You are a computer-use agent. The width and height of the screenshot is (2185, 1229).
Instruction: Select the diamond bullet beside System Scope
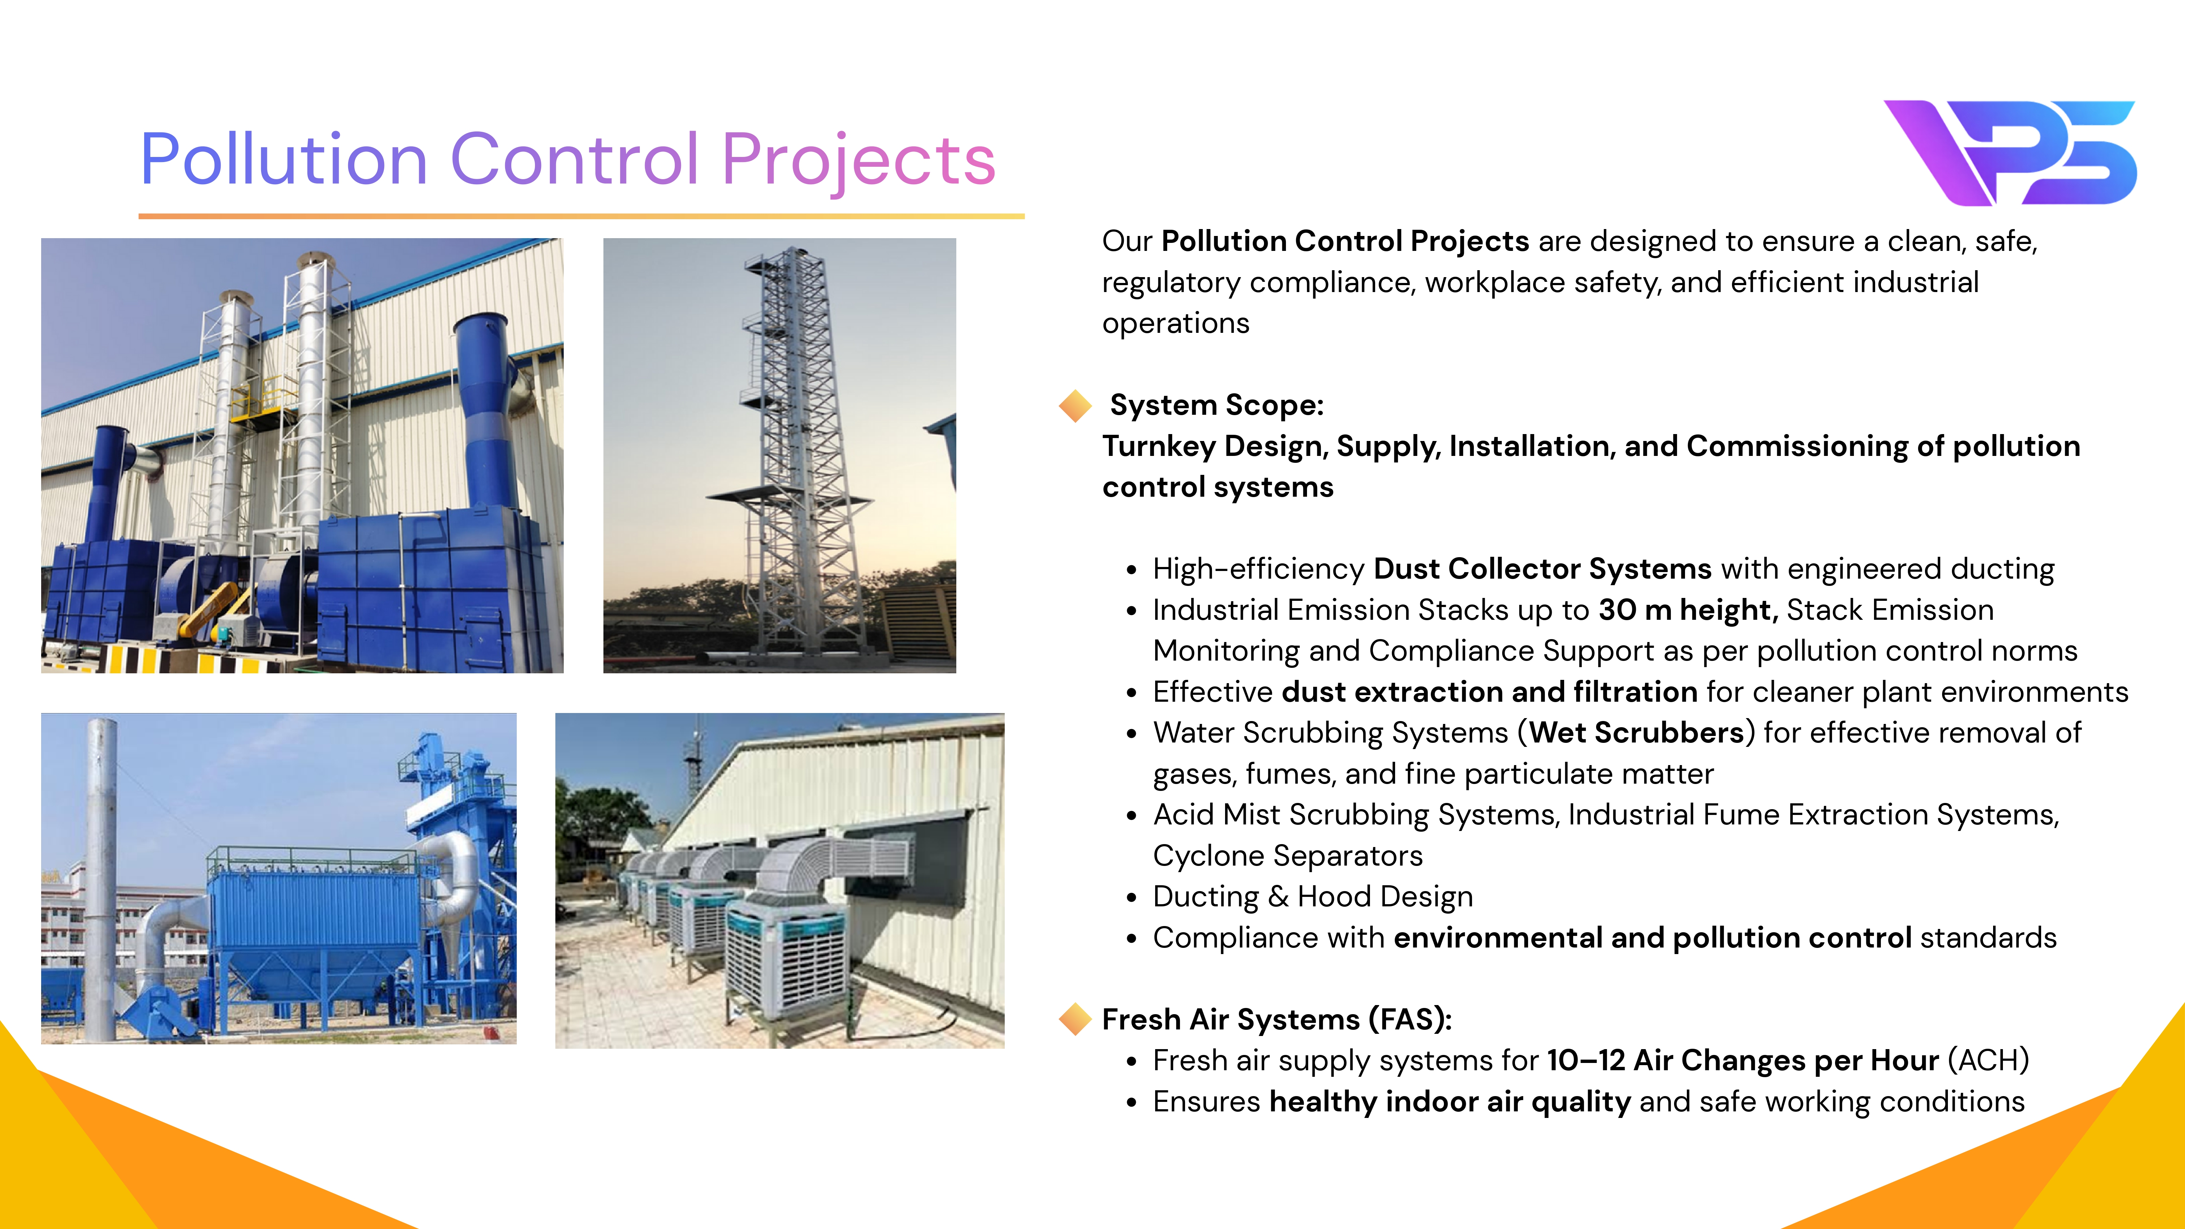pyautogui.click(x=1075, y=405)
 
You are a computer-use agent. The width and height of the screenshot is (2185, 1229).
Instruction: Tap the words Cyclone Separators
pyautogui.click(x=1288, y=856)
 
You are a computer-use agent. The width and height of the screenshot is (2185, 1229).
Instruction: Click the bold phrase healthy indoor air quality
pyautogui.click(x=1450, y=1102)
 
